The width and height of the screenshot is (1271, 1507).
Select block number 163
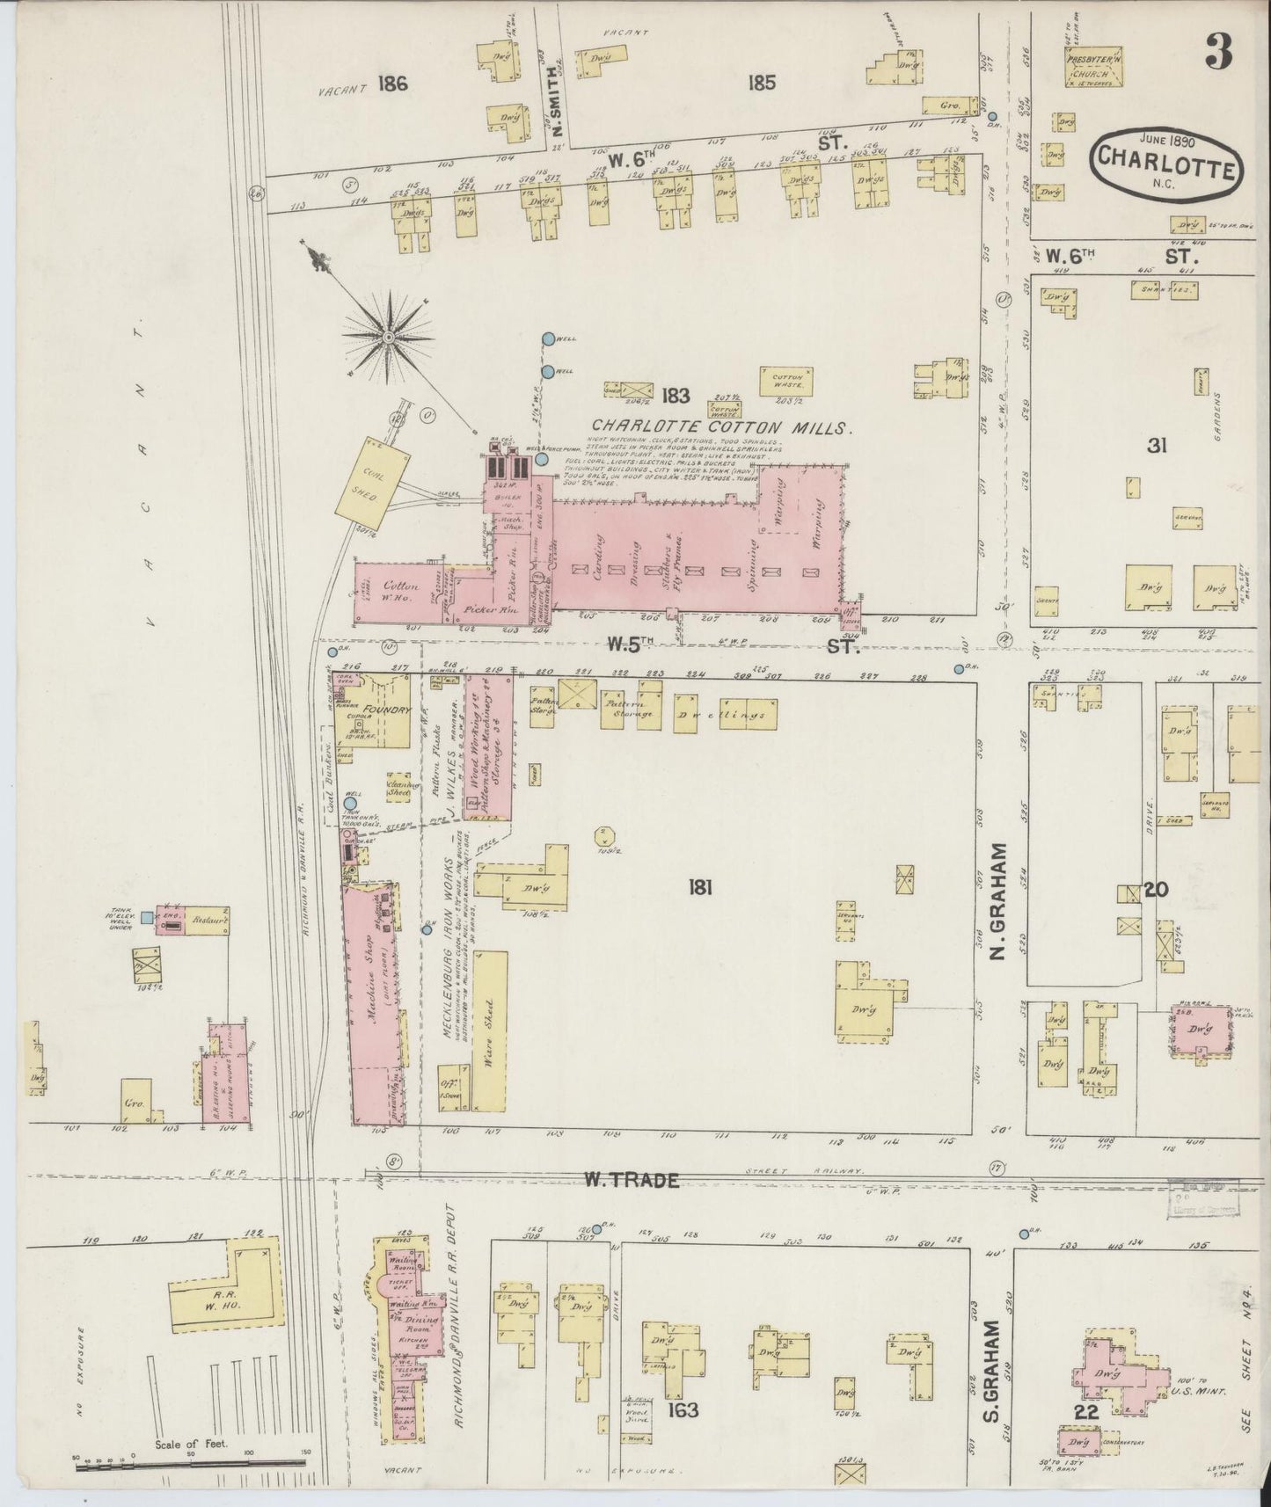pyautogui.click(x=683, y=1410)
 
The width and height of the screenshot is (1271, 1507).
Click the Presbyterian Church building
pyautogui.click(x=1091, y=70)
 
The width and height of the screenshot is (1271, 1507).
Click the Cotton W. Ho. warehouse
pyautogui.click(x=400, y=592)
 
